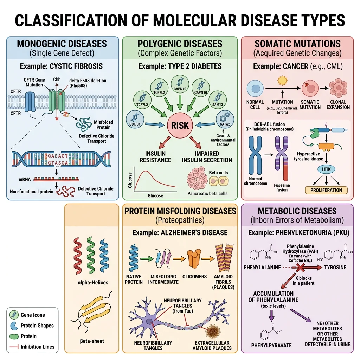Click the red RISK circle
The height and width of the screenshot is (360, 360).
click(x=180, y=125)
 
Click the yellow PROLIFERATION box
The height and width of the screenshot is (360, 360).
click(x=326, y=190)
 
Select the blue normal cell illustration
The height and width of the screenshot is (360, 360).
click(x=255, y=88)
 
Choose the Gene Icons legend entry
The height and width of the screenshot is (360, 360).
click(x=33, y=315)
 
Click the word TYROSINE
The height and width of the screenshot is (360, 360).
click(x=335, y=268)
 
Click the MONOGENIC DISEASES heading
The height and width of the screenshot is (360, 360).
click(x=62, y=44)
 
